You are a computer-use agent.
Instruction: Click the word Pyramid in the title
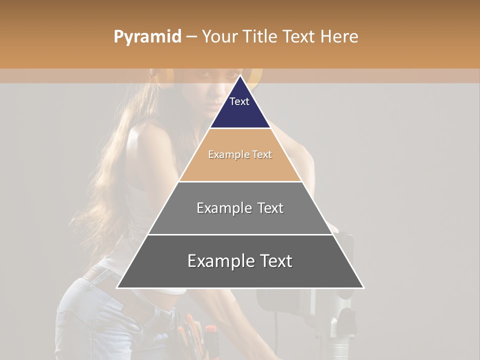tap(147, 37)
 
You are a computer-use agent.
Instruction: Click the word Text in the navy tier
tap(239, 101)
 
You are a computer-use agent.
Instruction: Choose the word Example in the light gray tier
tap(223, 208)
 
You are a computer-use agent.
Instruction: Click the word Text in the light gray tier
tap(270, 208)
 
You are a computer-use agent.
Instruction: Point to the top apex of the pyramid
tap(240, 75)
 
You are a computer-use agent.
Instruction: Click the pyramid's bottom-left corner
tap(117, 287)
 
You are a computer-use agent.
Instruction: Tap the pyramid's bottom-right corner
tap(363, 287)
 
